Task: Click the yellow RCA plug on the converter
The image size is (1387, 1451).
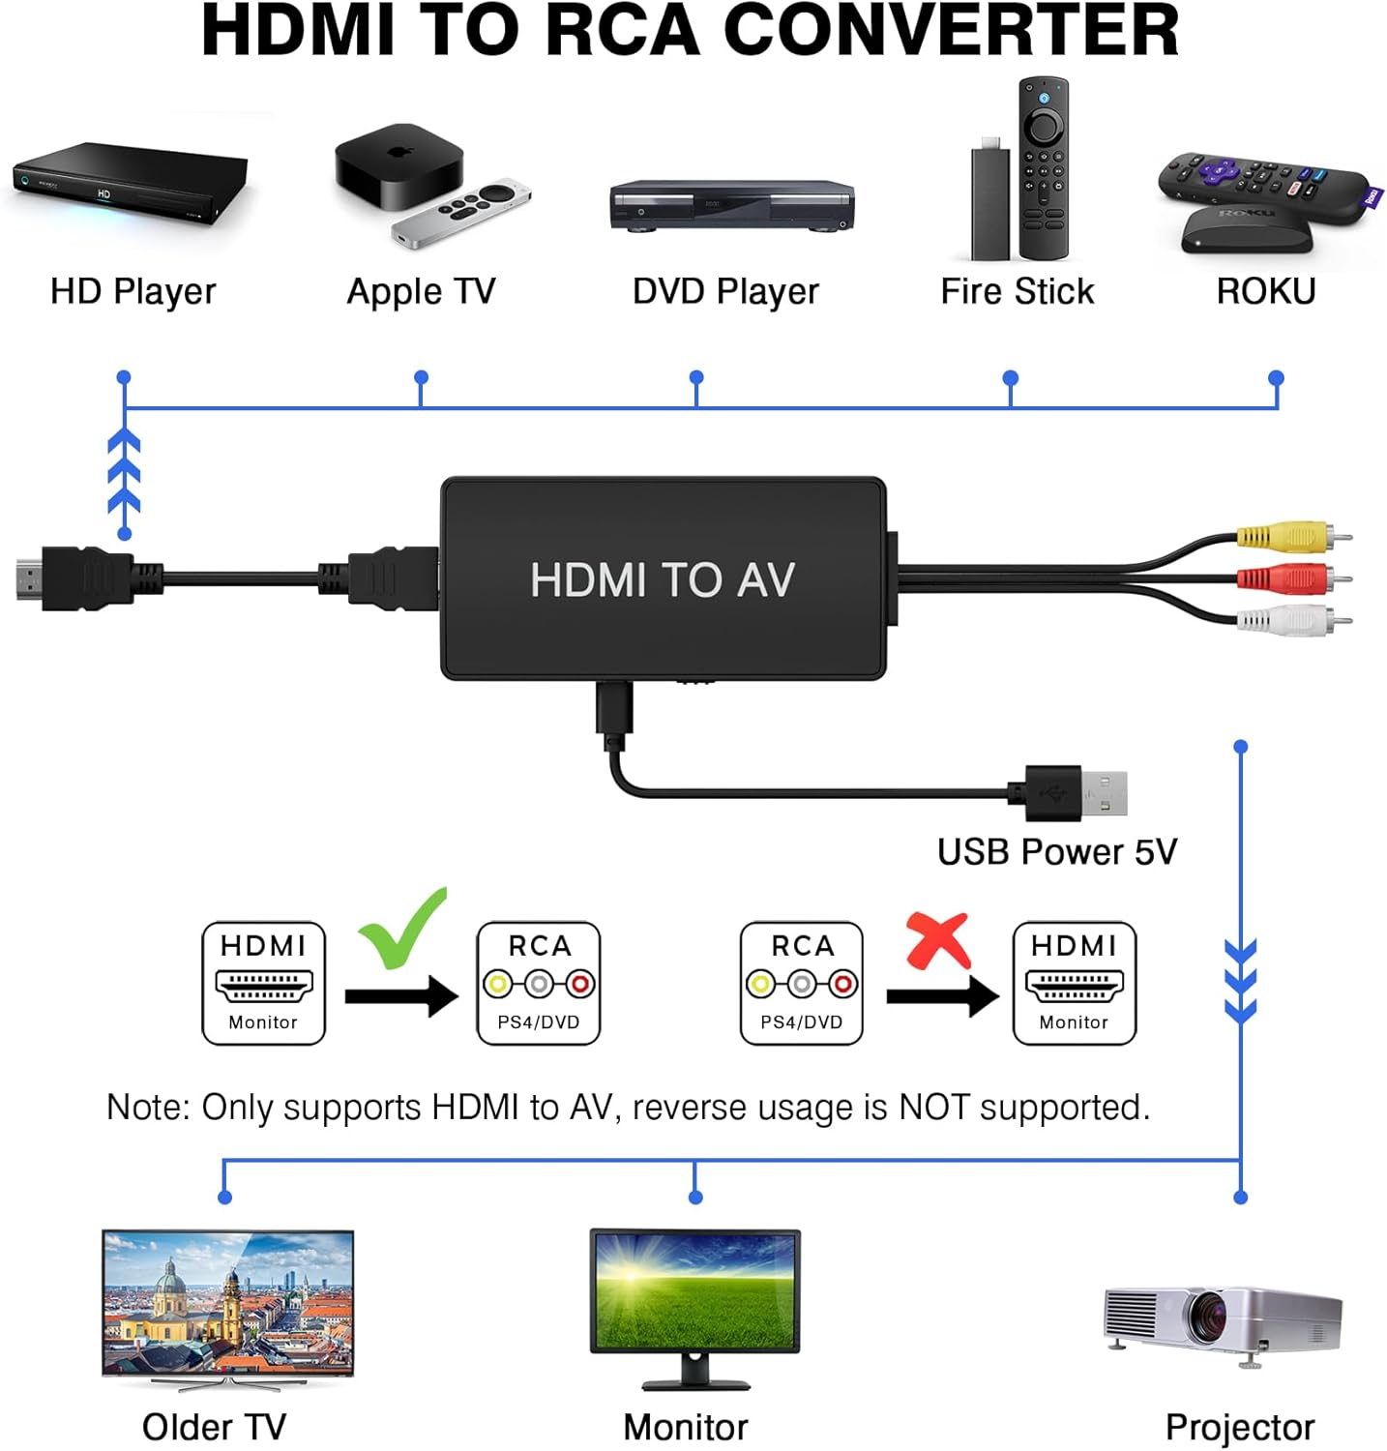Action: coord(1286,535)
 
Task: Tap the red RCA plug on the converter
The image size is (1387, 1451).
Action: coord(1286,578)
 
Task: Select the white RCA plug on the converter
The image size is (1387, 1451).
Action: coord(1286,620)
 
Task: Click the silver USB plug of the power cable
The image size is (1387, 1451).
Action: coord(1104,793)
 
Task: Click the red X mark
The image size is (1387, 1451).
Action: coord(937,940)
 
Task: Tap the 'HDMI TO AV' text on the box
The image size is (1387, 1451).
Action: coord(663,580)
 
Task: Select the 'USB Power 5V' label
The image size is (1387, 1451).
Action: coord(1057,852)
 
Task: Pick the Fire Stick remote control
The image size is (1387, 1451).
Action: coord(1044,168)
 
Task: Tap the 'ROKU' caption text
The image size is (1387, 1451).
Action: coord(1265,291)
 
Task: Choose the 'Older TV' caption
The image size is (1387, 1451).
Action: coord(214,1427)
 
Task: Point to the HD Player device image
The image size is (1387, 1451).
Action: coord(131,182)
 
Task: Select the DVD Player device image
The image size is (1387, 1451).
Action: coord(731,205)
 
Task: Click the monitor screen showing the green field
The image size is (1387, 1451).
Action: coord(694,1290)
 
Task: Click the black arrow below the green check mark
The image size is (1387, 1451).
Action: coord(401,995)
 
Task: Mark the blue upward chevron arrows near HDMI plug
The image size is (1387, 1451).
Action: coord(124,474)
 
